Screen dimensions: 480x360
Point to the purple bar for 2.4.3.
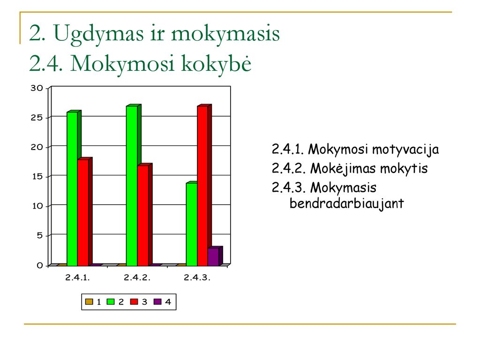point(214,256)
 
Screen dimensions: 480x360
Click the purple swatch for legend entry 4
point(157,302)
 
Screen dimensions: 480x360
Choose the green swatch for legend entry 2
point(111,302)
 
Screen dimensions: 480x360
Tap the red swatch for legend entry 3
point(134,302)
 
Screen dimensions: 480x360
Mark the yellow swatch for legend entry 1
point(89,302)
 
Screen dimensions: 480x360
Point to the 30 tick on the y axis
point(37,88)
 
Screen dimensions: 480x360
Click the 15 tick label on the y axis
point(37,177)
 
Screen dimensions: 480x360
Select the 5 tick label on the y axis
point(40,236)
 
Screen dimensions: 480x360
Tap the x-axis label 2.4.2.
point(137,277)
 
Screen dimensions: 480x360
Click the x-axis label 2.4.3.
point(197,277)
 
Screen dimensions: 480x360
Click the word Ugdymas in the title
point(98,34)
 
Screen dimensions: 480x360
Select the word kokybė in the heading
point(217,63)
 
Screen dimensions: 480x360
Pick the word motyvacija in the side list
point(405,150)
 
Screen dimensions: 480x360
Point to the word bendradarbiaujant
point(346,203)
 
